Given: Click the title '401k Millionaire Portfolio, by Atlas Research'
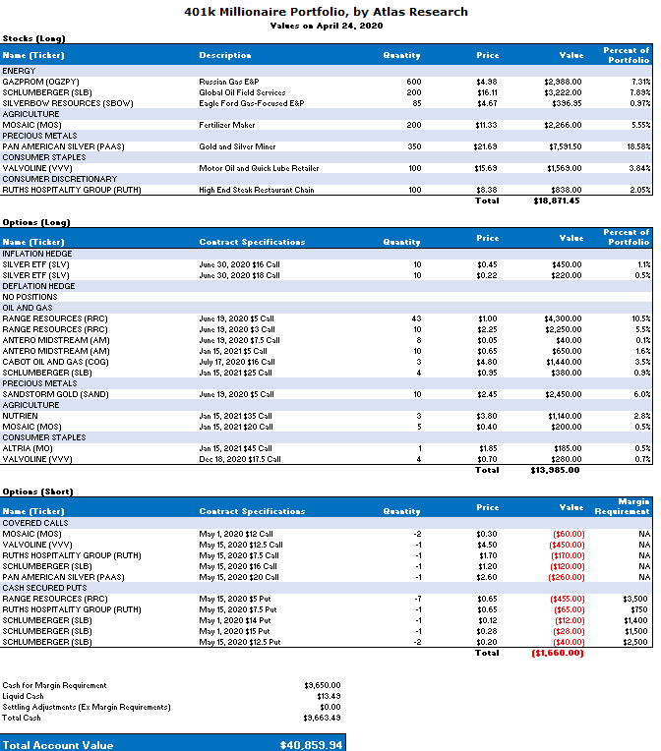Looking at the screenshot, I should [326, 12].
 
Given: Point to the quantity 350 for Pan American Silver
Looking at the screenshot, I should [413, 146].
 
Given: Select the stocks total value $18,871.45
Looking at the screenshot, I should [556, 201].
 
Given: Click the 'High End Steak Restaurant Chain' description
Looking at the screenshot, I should [257, 190].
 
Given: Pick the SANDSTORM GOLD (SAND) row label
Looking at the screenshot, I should [44, 394].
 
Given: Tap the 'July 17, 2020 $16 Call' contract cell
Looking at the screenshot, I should [237, 362].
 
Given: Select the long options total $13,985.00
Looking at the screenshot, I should [556, 470].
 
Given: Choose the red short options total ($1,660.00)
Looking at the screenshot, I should [557, 652].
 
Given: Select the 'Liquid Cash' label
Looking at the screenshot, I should [23, 696].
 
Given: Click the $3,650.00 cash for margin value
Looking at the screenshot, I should [323, 685].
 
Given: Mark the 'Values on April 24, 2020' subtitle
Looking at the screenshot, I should [326, 26].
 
